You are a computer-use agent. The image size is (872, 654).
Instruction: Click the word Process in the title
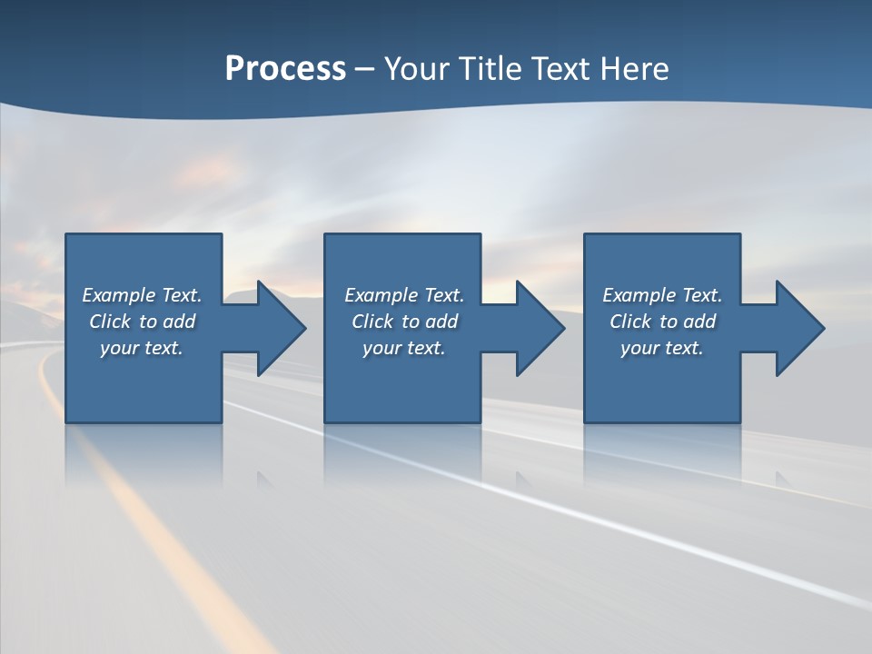tap(285, 69)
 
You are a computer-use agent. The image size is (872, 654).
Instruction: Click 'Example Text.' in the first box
tap(142, 295)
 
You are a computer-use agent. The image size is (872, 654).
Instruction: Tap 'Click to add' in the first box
tap(142, 322)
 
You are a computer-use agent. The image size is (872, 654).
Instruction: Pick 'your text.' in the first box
tap(142, 348)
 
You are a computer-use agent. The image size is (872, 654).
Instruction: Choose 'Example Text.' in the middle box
tap(404, 295)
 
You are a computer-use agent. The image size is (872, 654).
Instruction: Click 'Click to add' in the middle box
tap(404, 322)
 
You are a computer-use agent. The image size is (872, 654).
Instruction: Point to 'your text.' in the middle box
tap(404, 348)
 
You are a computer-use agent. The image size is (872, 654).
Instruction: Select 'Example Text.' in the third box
tap(662, 295)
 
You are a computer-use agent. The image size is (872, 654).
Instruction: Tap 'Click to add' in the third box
tap(662, 322)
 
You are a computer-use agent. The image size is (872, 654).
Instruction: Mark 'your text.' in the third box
tap(662, 348)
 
